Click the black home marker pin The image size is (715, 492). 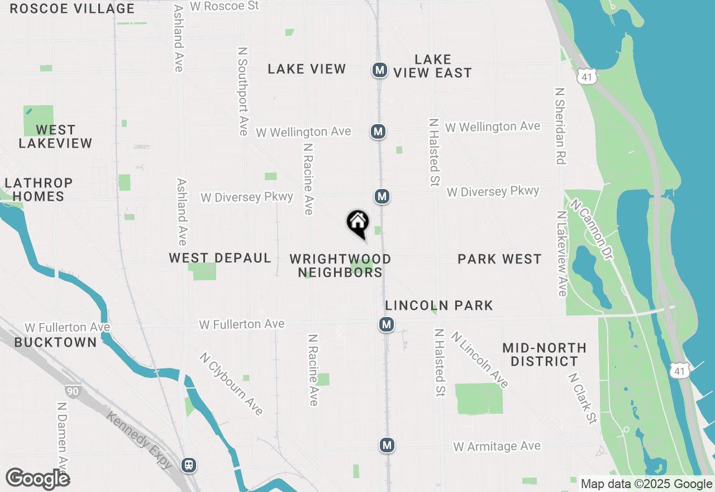[x=358, y=223]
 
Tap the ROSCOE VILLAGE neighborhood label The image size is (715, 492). [x=72, y=8]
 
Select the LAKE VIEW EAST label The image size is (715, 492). [x=432, y=66]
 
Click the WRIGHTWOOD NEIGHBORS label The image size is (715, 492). [x=340, y=266]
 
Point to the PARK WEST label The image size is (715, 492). [x=499, y=259]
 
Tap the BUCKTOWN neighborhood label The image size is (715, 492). [x=55, y=342]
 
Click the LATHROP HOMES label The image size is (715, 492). [x=39, y=190]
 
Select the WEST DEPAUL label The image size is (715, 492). [x=220, y=258]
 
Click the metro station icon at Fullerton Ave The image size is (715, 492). [x=386, y=324]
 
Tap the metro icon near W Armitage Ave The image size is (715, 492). [x=387, y=445]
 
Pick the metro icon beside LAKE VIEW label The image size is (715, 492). [x=380, y=70]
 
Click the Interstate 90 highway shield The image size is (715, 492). [x=72, y=391]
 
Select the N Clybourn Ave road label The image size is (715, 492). [x=231, y=384]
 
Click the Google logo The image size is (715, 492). [x=37, y=479]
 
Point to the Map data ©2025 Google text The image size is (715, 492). [x=646, y=484]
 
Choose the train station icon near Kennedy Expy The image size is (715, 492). [x=189, y=465]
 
